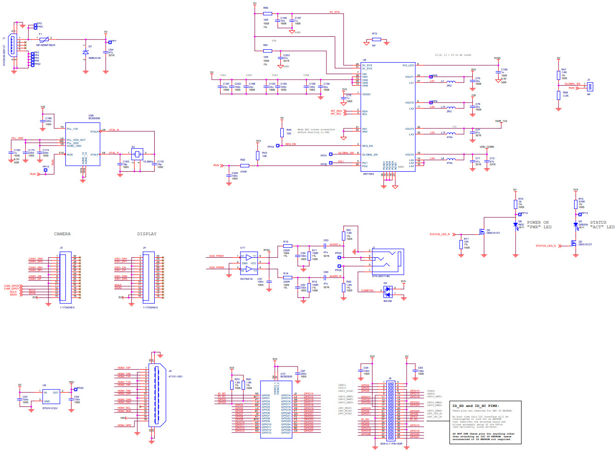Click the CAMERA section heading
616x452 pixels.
(x=62, y=234)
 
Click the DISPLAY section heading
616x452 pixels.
(x=146, y=234)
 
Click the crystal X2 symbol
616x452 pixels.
(x=136, y=153)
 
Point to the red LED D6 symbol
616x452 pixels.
(x=515, y=224)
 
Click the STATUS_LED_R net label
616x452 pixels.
(x=440, y=234)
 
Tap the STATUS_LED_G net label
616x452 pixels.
(x=546, y=246)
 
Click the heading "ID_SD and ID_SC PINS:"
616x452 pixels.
(x=475, y=406)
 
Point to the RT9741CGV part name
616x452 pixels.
(x=50, y=408)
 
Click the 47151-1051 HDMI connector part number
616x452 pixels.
(x=175, y=376)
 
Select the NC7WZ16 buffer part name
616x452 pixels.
(x=246, y=279)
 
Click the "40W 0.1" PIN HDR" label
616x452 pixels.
(x=391, y=444)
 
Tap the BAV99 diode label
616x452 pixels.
(x=387, y=301)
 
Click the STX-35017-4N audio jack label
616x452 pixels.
(x=381, y=276)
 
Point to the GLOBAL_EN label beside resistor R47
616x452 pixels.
(x=572, y=84)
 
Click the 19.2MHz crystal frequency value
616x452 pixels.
(x=148, y=162)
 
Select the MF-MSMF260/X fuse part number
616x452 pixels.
(x=46, y=45)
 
